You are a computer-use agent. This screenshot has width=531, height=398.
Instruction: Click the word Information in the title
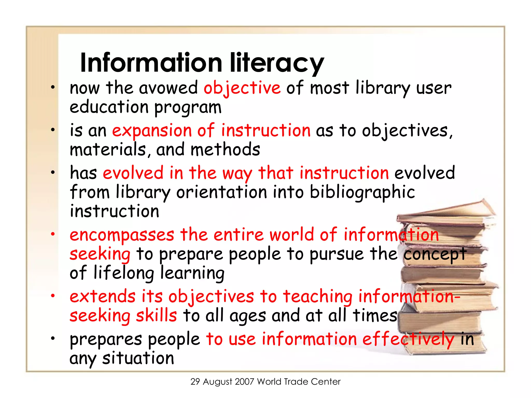click(x=151, y=63)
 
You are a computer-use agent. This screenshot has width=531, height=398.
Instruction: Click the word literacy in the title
click(x=277, y=63)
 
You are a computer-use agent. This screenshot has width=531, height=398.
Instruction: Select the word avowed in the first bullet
click(x=169, y=88)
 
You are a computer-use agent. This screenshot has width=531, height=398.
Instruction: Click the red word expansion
click(x=152, y=131)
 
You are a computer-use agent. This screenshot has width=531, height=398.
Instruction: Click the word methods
click(x=225, y=150)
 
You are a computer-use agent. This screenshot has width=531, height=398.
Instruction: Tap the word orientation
click(x=222, y=192)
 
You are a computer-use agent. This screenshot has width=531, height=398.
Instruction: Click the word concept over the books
click(x=435, y=254)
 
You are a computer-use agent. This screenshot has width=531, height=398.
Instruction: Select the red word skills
click(x=156, y=316)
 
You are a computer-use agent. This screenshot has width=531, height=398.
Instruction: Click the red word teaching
click(x=318, y=296)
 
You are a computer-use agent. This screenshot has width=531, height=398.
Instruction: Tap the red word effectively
click(x=408, y=339)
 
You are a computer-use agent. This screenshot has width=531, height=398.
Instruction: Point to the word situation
click(x=138, y=358)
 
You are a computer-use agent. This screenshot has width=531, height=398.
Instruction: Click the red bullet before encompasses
click(x=53, y=234)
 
